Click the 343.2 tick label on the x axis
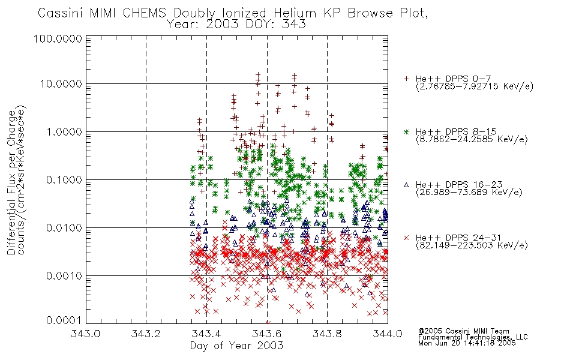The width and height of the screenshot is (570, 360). point(146,334)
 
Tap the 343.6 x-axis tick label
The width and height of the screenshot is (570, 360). point(267,334)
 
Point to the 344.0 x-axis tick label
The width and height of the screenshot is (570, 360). point(388,334)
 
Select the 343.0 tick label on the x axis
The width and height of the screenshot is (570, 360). point(85,334)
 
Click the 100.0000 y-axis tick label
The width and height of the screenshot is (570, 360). point(58,38)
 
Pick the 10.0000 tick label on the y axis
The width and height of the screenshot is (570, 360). point(61,84)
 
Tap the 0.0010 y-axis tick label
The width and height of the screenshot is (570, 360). point(64,276)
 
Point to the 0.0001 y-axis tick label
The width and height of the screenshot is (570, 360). point(64,320)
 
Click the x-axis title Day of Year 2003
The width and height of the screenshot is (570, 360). point(236,346)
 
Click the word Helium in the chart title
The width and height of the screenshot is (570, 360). point(296,13)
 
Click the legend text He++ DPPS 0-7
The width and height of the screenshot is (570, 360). point(453,79)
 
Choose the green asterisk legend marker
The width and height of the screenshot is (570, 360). point(406,132)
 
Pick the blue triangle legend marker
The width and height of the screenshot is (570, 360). point(406,185)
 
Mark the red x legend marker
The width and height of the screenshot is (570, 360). point(406,238)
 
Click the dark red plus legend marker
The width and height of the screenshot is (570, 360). point(406,79)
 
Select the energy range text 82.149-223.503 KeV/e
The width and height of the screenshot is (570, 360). point(472,245)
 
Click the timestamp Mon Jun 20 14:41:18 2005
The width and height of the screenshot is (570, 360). point(467,343)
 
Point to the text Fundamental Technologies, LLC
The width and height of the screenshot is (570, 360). point(473,337)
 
